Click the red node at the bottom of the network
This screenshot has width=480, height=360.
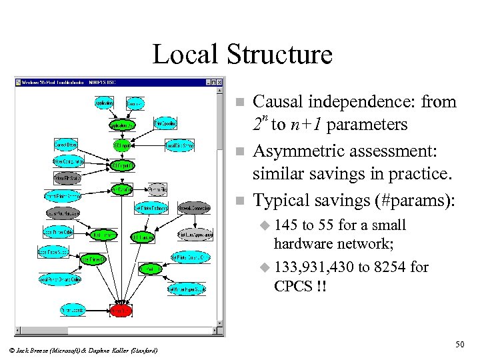pos(120,310)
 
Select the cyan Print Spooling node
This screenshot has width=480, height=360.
pos(165,124)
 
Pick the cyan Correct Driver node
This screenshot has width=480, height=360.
pos(67,144)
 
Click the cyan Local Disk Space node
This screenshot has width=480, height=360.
pos(179,144)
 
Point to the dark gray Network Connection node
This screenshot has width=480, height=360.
pos(195,207)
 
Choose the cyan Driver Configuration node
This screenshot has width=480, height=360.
pos(67,161)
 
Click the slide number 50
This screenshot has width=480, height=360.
pos(459,343)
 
